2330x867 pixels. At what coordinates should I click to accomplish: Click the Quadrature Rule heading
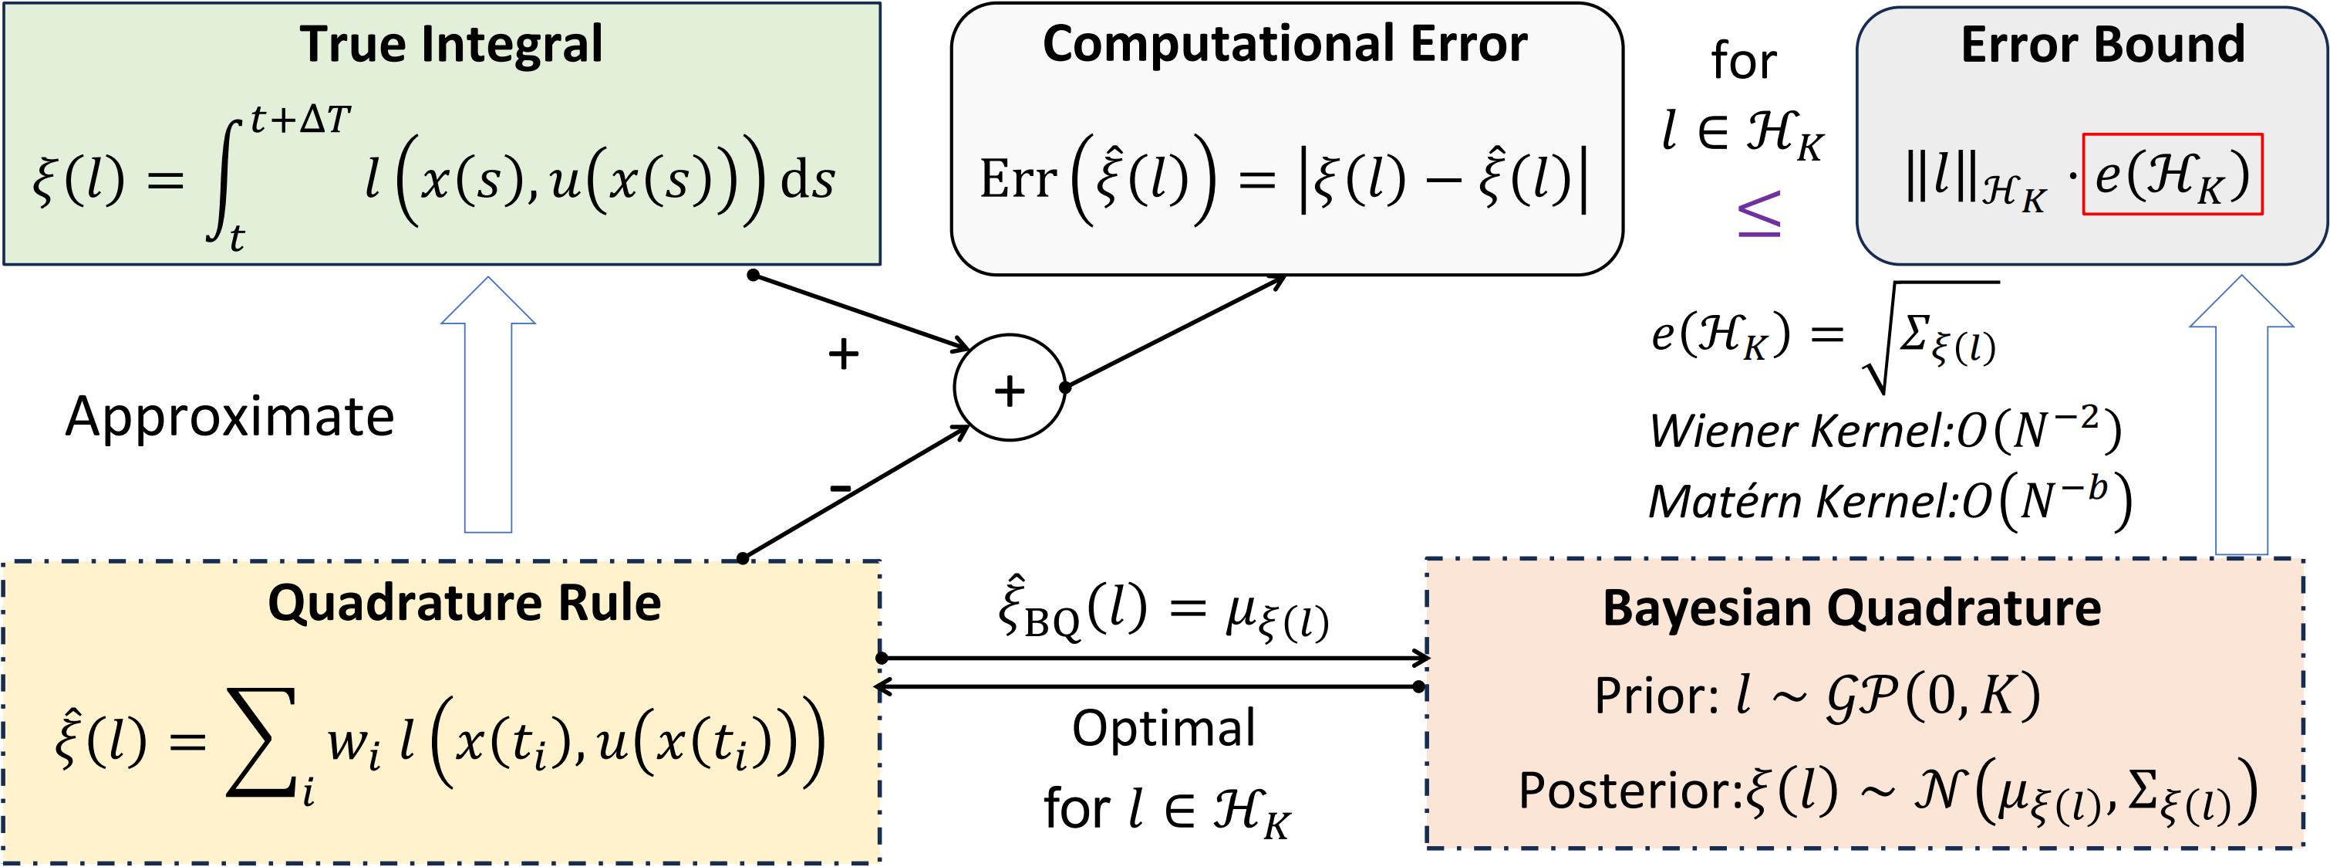(x=464, y=603)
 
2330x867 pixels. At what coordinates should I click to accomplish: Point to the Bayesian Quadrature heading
(x=1852, y=608)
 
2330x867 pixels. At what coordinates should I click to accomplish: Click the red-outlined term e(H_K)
(x=2172, y=174)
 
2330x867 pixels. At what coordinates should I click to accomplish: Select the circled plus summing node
(x=1010, y=388)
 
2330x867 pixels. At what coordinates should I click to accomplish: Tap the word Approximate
(x=230, y=417)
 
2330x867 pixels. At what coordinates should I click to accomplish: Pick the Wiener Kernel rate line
(x=1884, y=431)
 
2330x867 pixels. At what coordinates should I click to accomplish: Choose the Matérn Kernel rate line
(x=1890, y=500)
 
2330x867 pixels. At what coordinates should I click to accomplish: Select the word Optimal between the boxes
(x=1163, y=729)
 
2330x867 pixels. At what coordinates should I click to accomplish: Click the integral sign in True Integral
(x=225, y=181)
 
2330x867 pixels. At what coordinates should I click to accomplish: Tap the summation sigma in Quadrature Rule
(x=261, y=742)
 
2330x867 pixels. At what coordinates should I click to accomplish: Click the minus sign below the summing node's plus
(x=840, y=489)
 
